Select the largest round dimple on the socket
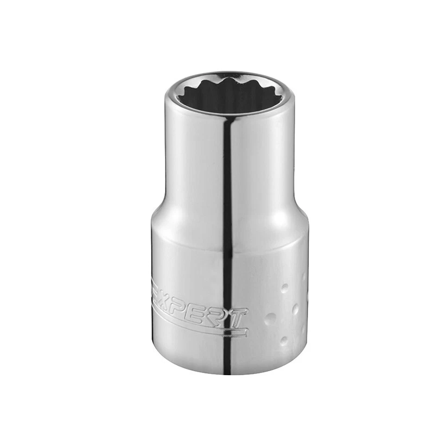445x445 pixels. pos(270,318)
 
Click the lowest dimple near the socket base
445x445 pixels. pos(284,341)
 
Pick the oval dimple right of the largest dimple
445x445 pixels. pos(295,309)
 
